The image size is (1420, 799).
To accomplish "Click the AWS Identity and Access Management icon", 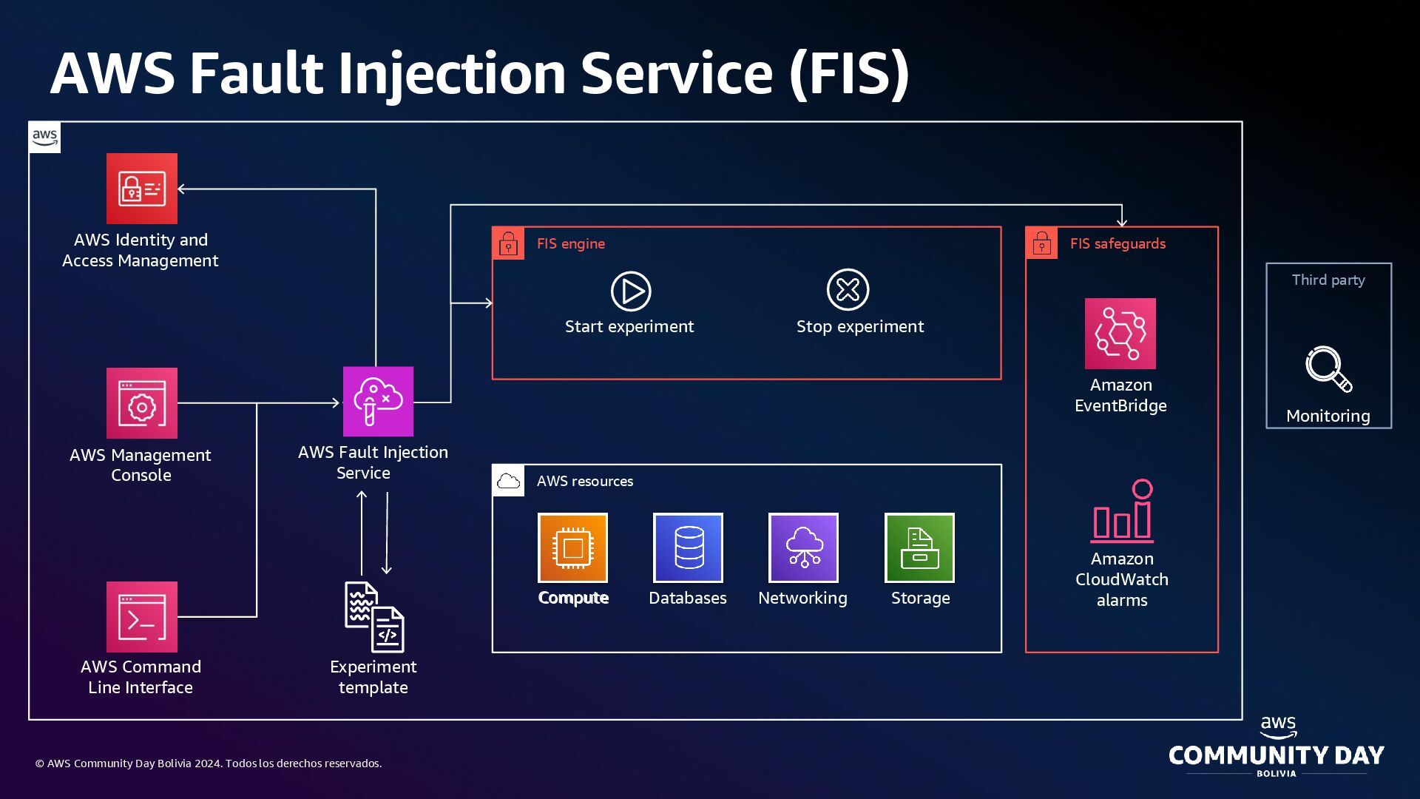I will click(x=142, y=189).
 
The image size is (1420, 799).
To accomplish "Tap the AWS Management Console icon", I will click(x=142, y=403).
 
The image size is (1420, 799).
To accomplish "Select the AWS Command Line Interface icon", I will click(x=142, y=617).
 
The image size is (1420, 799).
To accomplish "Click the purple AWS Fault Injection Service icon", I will click(x=378, y=402).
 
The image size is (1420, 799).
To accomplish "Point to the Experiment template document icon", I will click(x=374, y=617).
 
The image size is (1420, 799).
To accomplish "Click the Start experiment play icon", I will click(x=631, y=291).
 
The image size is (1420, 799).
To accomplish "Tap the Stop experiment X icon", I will click(x=848, y=289).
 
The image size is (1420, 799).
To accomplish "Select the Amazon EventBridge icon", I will click(x=1120, y=334).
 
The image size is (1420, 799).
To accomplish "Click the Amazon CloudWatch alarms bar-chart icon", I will click(x=1123, y=511).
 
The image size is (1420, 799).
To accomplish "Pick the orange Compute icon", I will click(x=572, y=547).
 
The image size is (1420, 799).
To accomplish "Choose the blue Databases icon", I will click(x=688, y=547).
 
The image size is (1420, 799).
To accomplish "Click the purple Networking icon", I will click(x=803, y=547).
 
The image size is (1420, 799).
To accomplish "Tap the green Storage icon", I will click(x=919, y=547).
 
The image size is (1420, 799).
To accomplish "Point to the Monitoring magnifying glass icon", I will click(x=1328, y=368).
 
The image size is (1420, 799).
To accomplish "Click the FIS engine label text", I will click(x=570, y=243).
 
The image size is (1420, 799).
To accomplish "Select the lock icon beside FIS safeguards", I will click(x=1042, y=243).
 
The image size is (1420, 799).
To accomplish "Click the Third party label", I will click(x=1328, y=280).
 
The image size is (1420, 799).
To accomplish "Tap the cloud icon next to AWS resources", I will click(x=509, y=481).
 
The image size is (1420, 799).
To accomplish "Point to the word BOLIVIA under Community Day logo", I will click(x=1277, y=773).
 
